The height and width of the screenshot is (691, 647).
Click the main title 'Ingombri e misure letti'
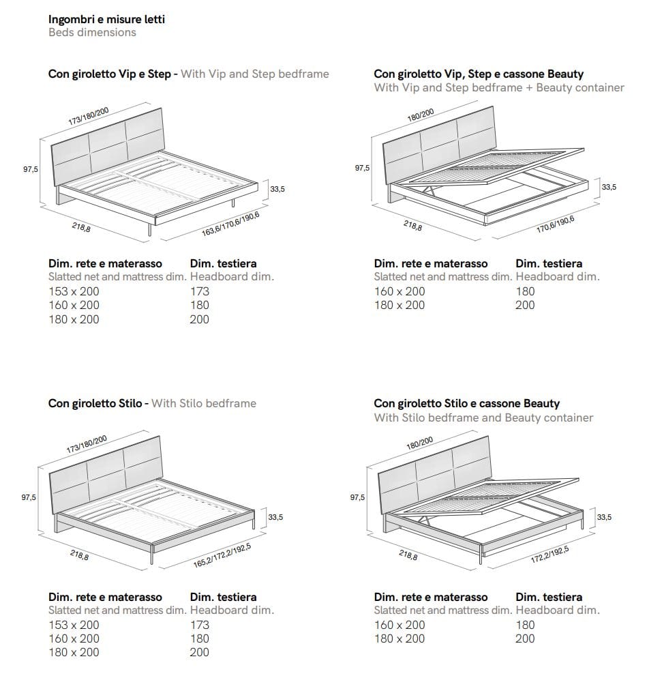(x=106, y=19)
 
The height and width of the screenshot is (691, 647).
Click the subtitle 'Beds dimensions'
(x=92, y=33)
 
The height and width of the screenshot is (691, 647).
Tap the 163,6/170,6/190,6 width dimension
(x=230, y=223)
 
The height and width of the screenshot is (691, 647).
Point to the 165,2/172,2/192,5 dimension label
(x=222, y=555)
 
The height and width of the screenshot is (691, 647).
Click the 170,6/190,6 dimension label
(x=555, y=224)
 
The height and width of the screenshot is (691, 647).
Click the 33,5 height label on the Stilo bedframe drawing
(x=275, y=517)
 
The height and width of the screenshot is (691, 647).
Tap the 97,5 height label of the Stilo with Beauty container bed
(x=358, y=498)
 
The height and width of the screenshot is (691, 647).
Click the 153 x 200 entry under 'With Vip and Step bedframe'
(x=74, y=291)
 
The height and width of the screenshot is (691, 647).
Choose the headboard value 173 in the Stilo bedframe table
(x=200, y=625)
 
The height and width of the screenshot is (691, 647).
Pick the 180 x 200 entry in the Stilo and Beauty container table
(x=399, y=639)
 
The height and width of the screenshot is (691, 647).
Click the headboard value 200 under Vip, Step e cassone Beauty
(x=525, y=306)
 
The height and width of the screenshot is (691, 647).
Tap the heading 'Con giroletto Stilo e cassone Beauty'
(x=466, y=404)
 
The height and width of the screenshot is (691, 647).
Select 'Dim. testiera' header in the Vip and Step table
(x=224, y=263)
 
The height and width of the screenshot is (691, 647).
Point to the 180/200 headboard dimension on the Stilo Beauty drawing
(x=420, y=444)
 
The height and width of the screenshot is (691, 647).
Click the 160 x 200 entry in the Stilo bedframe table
(x=74, y=639)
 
